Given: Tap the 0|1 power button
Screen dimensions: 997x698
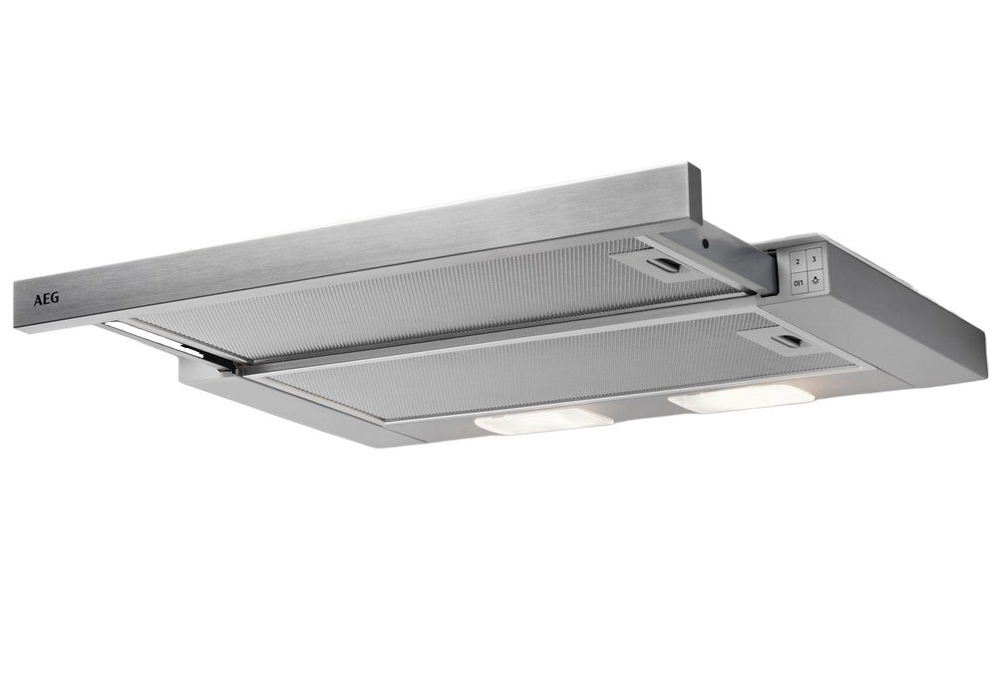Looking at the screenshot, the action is [x=798, y=282].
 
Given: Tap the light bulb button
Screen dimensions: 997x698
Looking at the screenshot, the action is [x=816, y=280].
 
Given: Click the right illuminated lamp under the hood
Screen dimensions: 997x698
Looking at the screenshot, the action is [x=741, y=398].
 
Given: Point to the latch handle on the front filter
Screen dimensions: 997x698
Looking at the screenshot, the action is [x=788, y=341].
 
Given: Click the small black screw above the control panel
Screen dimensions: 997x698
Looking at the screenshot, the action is [x=705, y=242].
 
